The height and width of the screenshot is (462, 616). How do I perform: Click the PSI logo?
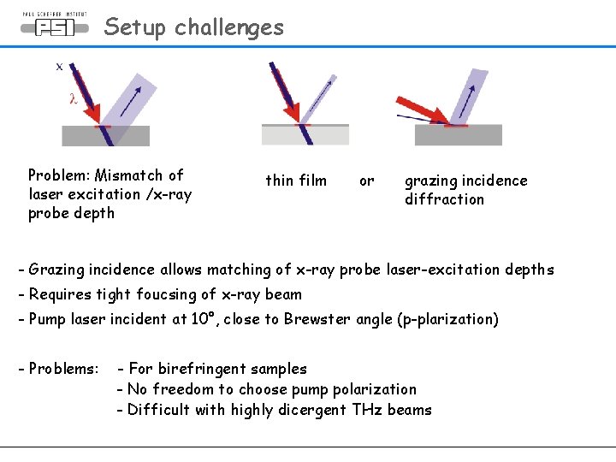(x=54, y=27)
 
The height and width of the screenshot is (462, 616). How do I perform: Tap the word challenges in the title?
(x=228, y=27)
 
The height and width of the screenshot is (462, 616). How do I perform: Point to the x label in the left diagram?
(x=59, y=66)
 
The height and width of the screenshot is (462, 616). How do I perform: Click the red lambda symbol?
(x=73, y=98)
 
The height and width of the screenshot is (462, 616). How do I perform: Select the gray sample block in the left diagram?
(x=105, y=137)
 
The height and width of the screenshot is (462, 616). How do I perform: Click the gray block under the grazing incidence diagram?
(x=458, y=136)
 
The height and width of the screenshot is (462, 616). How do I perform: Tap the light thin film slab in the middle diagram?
(x=305, y=135)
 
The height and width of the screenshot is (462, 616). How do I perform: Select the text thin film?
(x=296, y=181)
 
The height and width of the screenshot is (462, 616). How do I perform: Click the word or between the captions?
(x=366, y=181)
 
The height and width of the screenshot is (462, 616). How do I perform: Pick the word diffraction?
(x=444, y=199)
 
